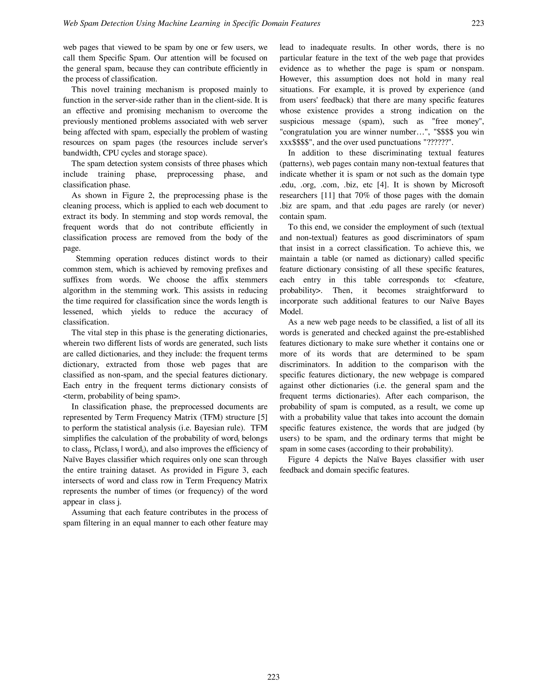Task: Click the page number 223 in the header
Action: click(x=478, y=23)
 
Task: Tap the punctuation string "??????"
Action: click(x=439, y=143)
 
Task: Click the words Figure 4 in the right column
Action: click(x=303, y=460)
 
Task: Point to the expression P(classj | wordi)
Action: click(x=120, y=449)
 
